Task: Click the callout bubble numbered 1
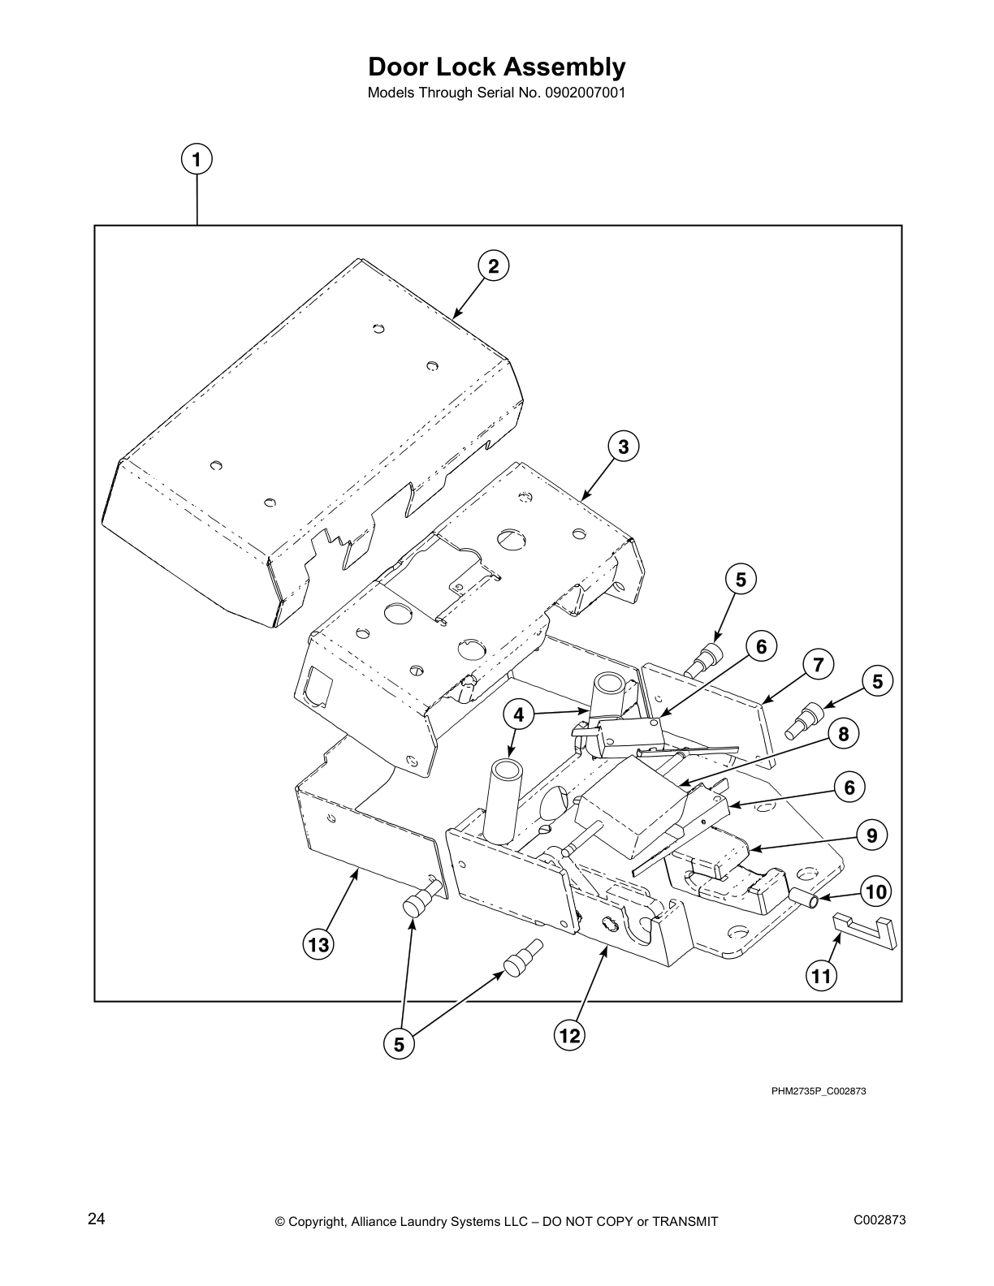(197, 159)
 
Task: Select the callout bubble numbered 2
(493, 266)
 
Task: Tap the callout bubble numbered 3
(623, 447)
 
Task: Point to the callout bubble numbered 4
(518, 715)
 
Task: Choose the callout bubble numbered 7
(819, 665)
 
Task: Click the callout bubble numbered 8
(844, 734)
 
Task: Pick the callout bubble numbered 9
(871, 835)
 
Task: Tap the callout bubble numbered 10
(876, 892)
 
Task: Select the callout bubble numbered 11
(822, 975)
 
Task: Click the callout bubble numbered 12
(569, 1035)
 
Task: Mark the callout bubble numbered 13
(318, 944)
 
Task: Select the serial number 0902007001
(580, 93)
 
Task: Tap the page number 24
(97, 1219)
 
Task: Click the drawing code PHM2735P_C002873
(819, 1090)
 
